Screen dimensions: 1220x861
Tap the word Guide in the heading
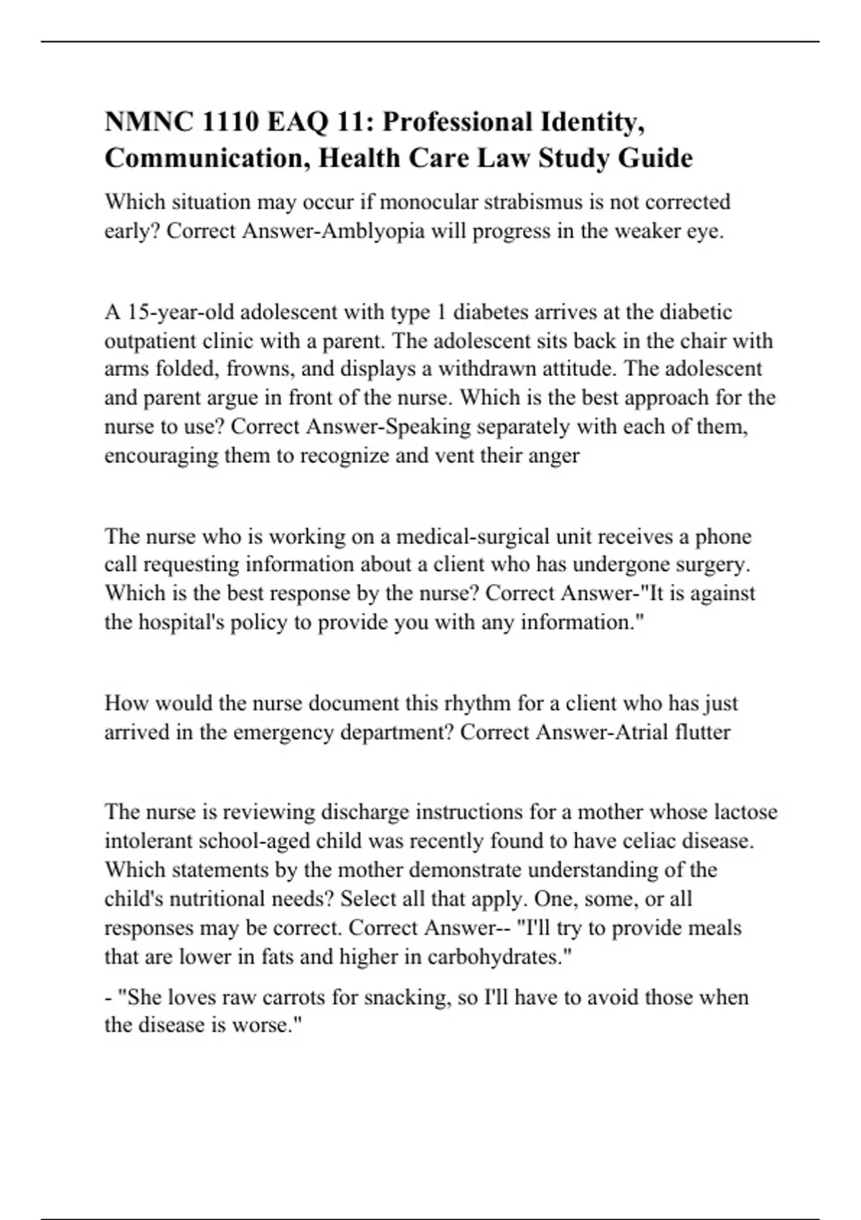tap(654, 158)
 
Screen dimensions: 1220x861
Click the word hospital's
tap(180, 622)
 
